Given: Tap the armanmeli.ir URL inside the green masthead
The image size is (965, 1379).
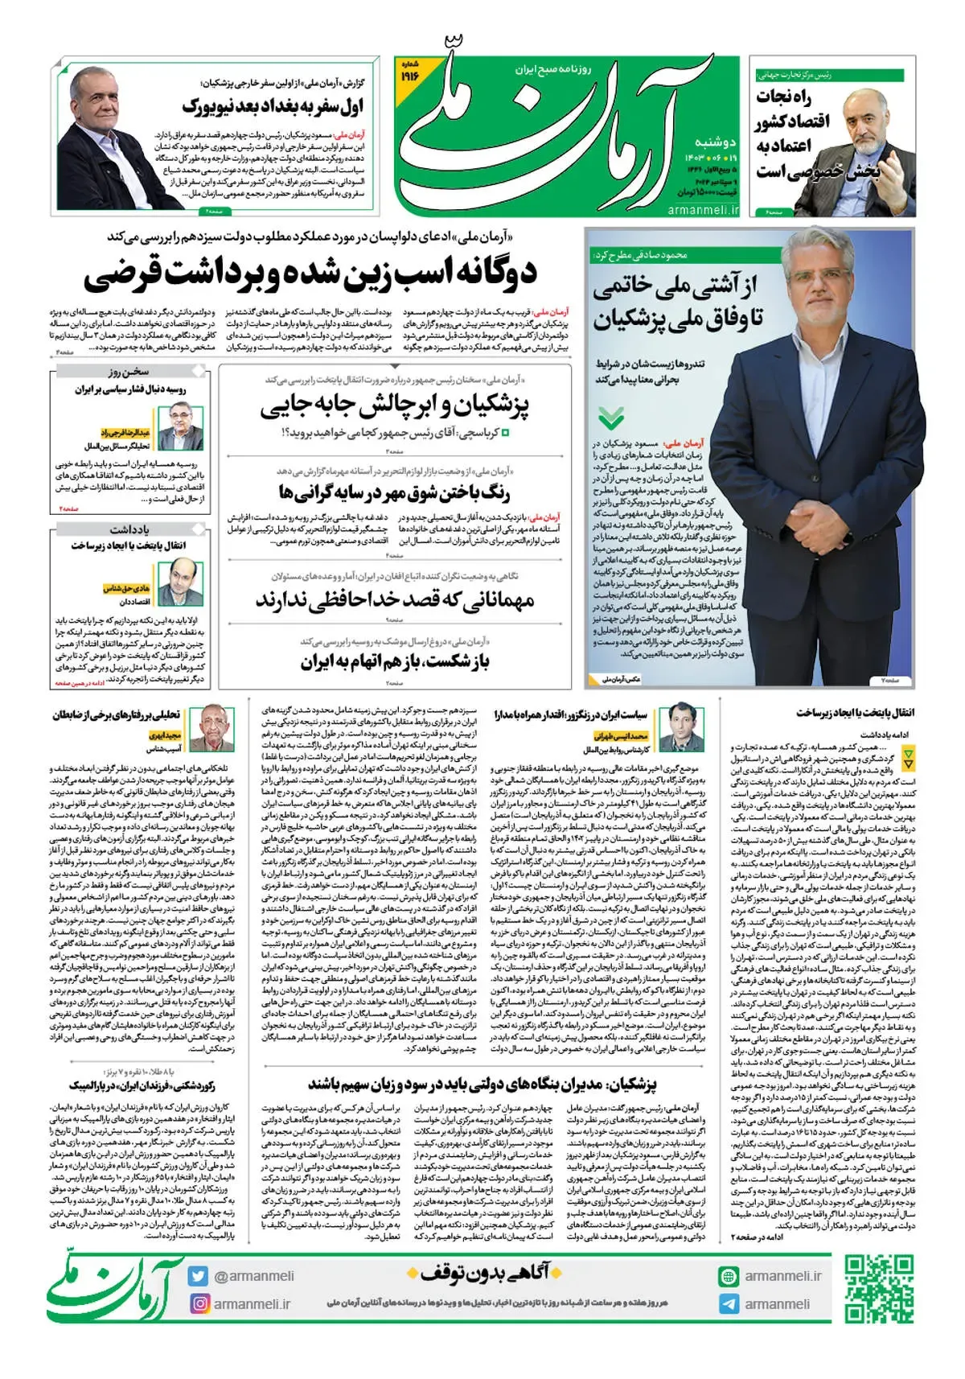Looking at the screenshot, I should (x=703, y=209).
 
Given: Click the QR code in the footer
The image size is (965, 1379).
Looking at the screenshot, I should (x=878, y=1287).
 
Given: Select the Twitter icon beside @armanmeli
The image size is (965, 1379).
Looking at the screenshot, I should (x=199, y=1276).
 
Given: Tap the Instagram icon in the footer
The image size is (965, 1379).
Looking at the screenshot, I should (x=199, y=1303).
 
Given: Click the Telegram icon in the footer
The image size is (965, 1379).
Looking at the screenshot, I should (x=729, y=1304).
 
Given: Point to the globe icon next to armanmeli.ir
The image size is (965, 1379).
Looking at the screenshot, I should (x=729, y=1276).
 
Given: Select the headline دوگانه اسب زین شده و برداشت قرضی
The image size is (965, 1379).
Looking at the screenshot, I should (x=310, y=274).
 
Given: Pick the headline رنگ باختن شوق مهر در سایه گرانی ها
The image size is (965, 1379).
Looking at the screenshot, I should (x=394, y=492).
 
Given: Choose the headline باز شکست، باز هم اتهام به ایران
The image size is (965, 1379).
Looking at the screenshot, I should (x=395, y=662).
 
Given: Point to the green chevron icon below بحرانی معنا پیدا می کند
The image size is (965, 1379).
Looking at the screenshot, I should (x=611, y=418).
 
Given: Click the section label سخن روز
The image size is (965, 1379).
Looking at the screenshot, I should (x=129, y=372).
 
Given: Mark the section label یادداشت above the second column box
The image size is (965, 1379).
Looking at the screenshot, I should (x=129, y=529).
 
